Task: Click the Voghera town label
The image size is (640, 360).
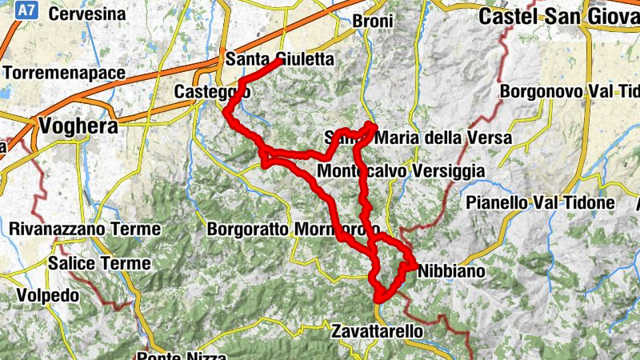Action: tap(78, 126)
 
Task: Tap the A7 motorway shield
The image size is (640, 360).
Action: tap(26, 10)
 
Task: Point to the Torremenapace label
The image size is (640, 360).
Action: tap(64, 73)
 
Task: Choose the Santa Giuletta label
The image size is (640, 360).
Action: tap(268, 58)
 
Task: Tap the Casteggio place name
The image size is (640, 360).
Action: tap(212, 93)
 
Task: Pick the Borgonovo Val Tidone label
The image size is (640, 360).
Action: tap(569, 91)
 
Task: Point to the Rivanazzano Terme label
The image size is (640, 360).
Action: tap(85, 230)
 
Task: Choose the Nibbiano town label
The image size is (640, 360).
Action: tap(451, 271)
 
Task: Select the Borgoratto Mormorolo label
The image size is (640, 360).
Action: tap(293, 230)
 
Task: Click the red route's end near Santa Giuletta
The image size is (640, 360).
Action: tap(279, 60)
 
